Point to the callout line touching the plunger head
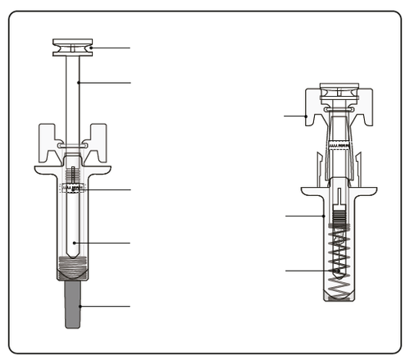point(111,48)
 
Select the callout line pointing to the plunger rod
point(104,82)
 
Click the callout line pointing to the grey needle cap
point(105,306)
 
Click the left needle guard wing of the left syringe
point(48,139)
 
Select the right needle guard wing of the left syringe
point(99,139)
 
